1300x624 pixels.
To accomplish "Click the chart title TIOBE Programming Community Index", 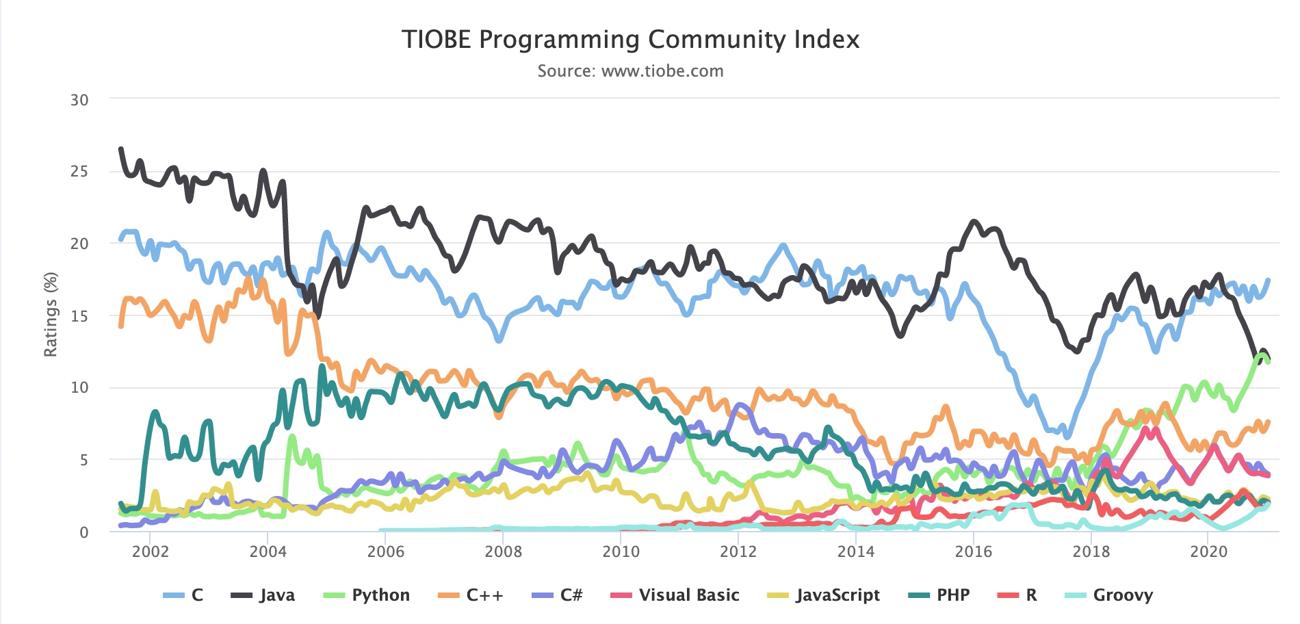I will (x=630, y=40).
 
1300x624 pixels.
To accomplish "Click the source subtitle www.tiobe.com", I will (x=630, y=71).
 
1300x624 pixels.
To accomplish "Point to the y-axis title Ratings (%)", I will (x=50, y=315).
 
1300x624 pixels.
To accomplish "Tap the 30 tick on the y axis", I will (x=79, y=100).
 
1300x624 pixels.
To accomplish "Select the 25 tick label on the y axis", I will (x=79, y=171).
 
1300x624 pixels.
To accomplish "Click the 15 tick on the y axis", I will (x=79, y=315).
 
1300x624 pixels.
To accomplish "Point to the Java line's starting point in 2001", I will (x=121, y=148).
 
